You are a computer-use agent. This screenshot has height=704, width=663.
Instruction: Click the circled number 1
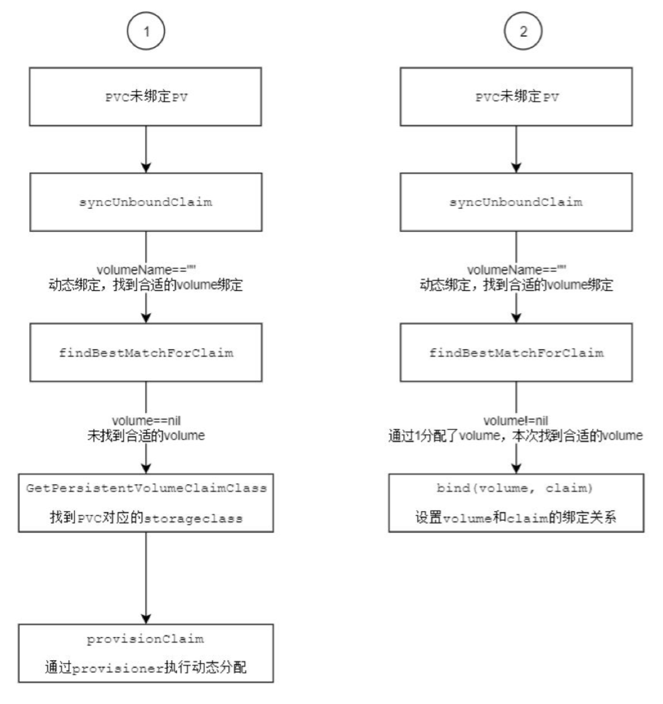point(146,31)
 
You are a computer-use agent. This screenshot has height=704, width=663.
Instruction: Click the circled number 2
point(523,31)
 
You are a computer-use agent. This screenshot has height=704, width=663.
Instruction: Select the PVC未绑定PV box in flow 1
point(146,97)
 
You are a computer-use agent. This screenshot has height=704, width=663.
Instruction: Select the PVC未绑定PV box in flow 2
point(516,97)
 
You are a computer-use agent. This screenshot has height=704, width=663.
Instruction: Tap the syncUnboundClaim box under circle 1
point(146,202)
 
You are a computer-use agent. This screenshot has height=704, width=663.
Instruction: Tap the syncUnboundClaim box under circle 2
point(516,202)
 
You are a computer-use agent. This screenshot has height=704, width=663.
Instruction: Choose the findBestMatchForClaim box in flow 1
point(146,352)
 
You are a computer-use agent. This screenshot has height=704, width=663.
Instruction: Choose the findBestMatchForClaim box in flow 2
point(516,352)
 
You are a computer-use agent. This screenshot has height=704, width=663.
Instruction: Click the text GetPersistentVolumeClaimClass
point(146,487)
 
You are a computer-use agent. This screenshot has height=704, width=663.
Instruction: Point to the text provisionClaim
point(146,639)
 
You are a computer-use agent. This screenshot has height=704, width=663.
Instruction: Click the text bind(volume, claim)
point(516,487)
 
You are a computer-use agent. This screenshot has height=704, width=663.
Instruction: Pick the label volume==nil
point(146,421)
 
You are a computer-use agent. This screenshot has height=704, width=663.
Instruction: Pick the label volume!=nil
point(516,421)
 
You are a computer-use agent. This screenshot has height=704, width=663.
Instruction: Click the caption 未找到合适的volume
point(146,436)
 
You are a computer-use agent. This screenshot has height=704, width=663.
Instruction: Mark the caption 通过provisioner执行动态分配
point(146,667)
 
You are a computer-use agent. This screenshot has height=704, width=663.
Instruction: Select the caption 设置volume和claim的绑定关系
point(516,517)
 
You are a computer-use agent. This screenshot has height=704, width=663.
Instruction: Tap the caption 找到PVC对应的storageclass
point(146,518)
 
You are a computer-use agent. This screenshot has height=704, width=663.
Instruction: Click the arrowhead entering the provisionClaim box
point(146,619)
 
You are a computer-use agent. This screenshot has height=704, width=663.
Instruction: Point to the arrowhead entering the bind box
point(516,468)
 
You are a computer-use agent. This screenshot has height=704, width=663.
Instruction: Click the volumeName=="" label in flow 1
point(146,270)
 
